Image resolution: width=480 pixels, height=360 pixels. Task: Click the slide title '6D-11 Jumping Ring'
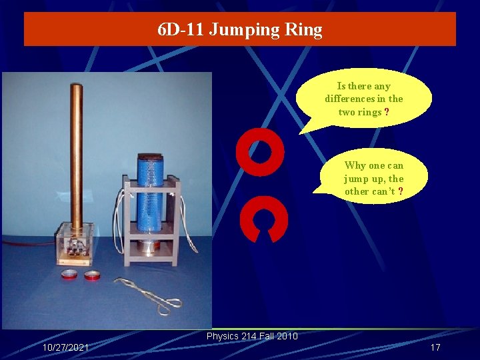(240, 30)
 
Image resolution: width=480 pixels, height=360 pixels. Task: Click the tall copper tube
(77, 153)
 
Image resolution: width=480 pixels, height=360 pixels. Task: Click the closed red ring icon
(260, 152)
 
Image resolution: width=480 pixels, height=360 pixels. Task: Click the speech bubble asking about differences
(364, 99)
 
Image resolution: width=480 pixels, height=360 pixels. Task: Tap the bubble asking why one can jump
(373, 178)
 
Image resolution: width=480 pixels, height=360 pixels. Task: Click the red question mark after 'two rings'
(387, 112)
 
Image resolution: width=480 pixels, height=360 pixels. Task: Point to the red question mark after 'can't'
(400, 191)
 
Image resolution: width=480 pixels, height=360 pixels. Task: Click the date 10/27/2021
(65, 348)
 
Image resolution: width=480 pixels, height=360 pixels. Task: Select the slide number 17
(435, 347)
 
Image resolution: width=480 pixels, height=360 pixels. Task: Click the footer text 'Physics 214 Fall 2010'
(252, 336)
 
